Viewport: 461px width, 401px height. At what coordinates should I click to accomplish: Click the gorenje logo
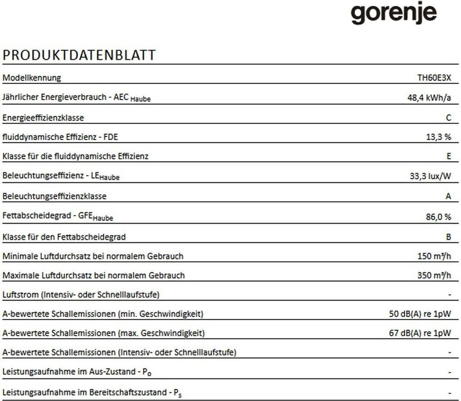[393, 14]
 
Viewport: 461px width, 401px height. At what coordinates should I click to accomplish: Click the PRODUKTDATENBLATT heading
[79, 55]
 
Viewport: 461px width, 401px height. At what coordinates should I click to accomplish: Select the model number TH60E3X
[434, 78]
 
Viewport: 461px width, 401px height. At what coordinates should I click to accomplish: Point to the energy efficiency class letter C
[448, 118]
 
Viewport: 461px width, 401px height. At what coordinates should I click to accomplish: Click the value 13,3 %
[438, 137]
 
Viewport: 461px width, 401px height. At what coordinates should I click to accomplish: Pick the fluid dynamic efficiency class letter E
[448, 157]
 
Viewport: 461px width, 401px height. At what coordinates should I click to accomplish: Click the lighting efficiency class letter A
[448, 196]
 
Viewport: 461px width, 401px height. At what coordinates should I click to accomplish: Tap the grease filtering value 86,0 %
[438, 216]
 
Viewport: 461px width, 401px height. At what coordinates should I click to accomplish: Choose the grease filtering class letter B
[448, 236]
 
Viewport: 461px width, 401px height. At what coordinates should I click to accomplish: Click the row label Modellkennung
[32, 78]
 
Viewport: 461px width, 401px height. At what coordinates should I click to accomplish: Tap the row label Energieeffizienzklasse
[43, 118]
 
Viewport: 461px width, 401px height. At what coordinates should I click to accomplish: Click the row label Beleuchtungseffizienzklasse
[54, 196]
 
